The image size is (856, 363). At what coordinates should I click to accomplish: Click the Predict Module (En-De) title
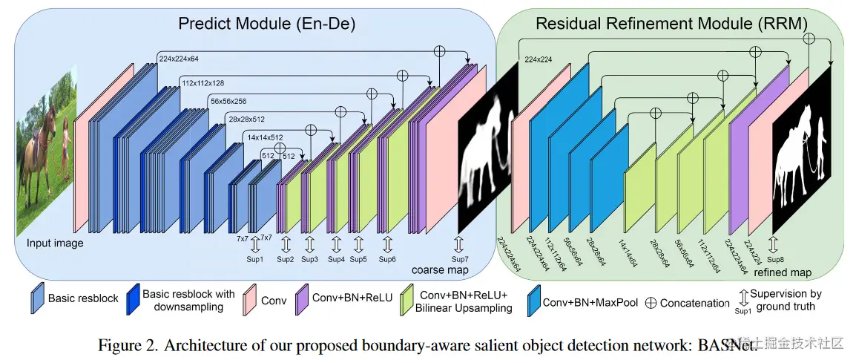(266, 23)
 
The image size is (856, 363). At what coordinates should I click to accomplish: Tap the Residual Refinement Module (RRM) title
(671, 23)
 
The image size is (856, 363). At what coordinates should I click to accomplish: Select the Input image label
(55, 243)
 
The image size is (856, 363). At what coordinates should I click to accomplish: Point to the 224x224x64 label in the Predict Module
(183, 56)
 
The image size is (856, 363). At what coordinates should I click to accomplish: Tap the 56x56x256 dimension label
(233, 101)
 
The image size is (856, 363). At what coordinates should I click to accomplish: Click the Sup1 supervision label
(255, 259)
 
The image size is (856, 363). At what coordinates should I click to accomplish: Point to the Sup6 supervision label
(387, 259)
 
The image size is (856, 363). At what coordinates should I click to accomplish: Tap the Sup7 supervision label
(460, 259)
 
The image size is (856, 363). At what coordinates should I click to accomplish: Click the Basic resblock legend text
(83, 298)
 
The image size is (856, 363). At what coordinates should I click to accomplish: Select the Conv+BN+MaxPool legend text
(590, 302)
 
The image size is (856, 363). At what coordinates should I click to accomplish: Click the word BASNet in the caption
(731, 346)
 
